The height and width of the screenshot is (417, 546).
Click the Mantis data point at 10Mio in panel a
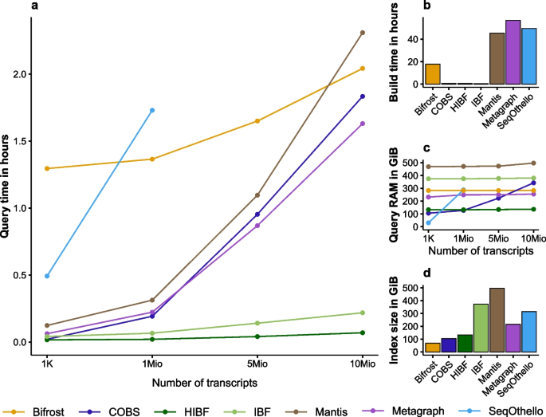tap(363, 33)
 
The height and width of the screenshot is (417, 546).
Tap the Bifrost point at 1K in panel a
tap(48, 168)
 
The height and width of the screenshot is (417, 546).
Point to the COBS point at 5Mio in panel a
tap(257, 214)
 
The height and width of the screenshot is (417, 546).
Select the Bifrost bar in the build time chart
tap(432, 74)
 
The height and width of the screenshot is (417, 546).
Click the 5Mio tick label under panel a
tap(257, 360)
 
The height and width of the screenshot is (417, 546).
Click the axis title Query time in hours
tap(9, 187)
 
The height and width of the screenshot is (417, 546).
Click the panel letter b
tap(427, 6)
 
